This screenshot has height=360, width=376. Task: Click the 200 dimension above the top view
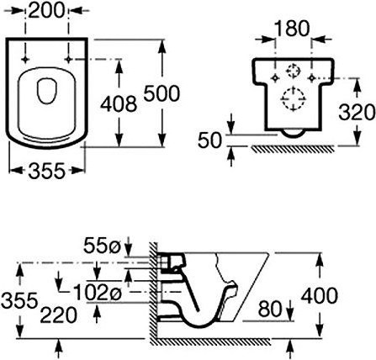(x=46, y=11)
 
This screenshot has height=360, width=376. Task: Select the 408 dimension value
(x=119, y=103)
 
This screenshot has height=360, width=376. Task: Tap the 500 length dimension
(x=162, y=93)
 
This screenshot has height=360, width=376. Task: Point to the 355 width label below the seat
(x=46, y=171)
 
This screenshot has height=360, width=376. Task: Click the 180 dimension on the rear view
(x=292, y=29)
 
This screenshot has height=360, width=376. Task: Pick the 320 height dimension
(x=357, y=112)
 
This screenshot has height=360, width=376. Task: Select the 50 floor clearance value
(x=210, y=140)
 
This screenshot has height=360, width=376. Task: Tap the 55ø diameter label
(x=102, y=246)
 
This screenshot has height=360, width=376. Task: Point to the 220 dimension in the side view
(x=58, y=315)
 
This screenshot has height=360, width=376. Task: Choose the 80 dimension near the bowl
(x=270, y=309)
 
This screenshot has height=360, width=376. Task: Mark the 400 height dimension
(x=319, y=295)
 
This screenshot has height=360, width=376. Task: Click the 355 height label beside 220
(x=19, y=299)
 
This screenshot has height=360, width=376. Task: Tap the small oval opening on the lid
(x=47, y=91)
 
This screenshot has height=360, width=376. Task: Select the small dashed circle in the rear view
(x=294, y=71)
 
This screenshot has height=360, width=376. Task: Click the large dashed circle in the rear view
(x=294, y=98)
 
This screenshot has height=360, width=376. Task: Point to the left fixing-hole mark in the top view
(x=25, y=59)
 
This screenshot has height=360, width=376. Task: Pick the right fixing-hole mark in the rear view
(x=311, y=78)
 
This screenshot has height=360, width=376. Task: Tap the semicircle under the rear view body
(x=293, y=134)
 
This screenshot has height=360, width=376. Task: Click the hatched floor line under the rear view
(x=293, y=149)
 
